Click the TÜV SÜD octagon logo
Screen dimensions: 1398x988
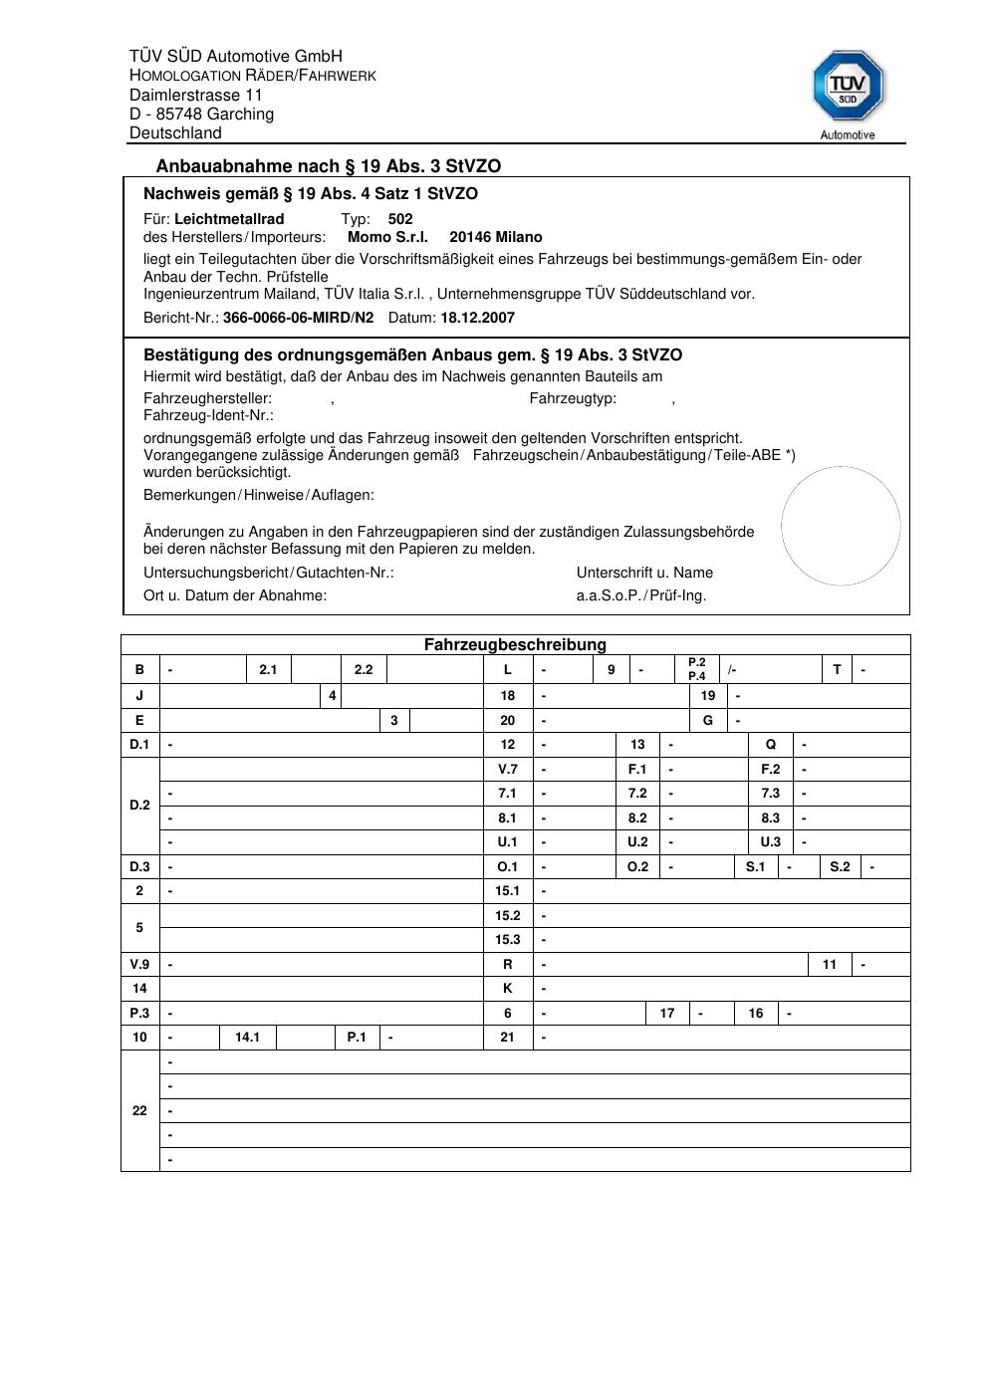[x=848, y=87]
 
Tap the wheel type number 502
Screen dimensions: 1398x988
[x=400, y=219]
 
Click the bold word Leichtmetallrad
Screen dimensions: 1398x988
[x=229, y=219]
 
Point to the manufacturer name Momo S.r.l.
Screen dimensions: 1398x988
[x=387, y=237]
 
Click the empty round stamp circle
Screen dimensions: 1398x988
[x=841, y=526]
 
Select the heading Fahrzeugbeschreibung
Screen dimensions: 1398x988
[x=515, y=645]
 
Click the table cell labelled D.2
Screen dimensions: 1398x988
[x=139, y=806]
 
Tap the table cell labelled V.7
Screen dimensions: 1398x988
[x=508, y=770]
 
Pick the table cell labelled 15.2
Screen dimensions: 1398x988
[x=508, y=916]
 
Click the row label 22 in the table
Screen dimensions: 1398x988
[x=139, y=1111]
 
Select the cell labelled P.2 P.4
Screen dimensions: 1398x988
[x=697, y=669]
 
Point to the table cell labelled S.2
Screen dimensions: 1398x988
[x=841, y=867]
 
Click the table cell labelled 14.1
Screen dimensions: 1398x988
[x=247, y=1038]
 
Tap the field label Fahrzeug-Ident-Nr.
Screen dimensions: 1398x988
[x=208, y=415]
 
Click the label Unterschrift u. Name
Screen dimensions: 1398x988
[x=644, y=573]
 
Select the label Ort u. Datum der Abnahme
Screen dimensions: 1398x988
[x=235, y=595]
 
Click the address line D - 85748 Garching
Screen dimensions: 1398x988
[x=201, y=115]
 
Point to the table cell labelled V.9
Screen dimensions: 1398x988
[x=139, y=965]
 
